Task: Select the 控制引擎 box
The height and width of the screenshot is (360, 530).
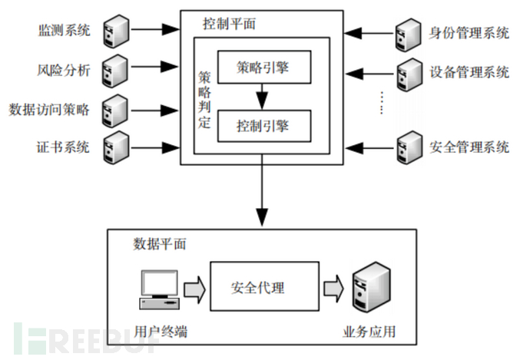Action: [x=262, y=124]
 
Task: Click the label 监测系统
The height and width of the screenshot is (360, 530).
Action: [x=65, y=31]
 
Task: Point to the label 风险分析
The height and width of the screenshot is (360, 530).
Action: [x=65, y=71]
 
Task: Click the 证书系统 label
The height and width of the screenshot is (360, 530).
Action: [x=65, y=147]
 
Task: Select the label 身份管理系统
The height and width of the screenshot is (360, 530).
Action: [x=469, y=33]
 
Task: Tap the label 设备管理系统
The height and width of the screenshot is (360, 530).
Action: [x=469, y=73]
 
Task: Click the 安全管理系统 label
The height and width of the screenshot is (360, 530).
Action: [x=469, y=147]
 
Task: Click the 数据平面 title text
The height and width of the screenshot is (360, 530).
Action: [x=160, y=245]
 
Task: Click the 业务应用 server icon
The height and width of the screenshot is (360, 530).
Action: [x=369, y=288]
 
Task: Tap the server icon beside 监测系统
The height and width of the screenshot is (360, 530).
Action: [x=114, y=31]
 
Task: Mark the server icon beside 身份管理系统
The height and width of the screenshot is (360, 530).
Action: [x=406, y=33]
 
